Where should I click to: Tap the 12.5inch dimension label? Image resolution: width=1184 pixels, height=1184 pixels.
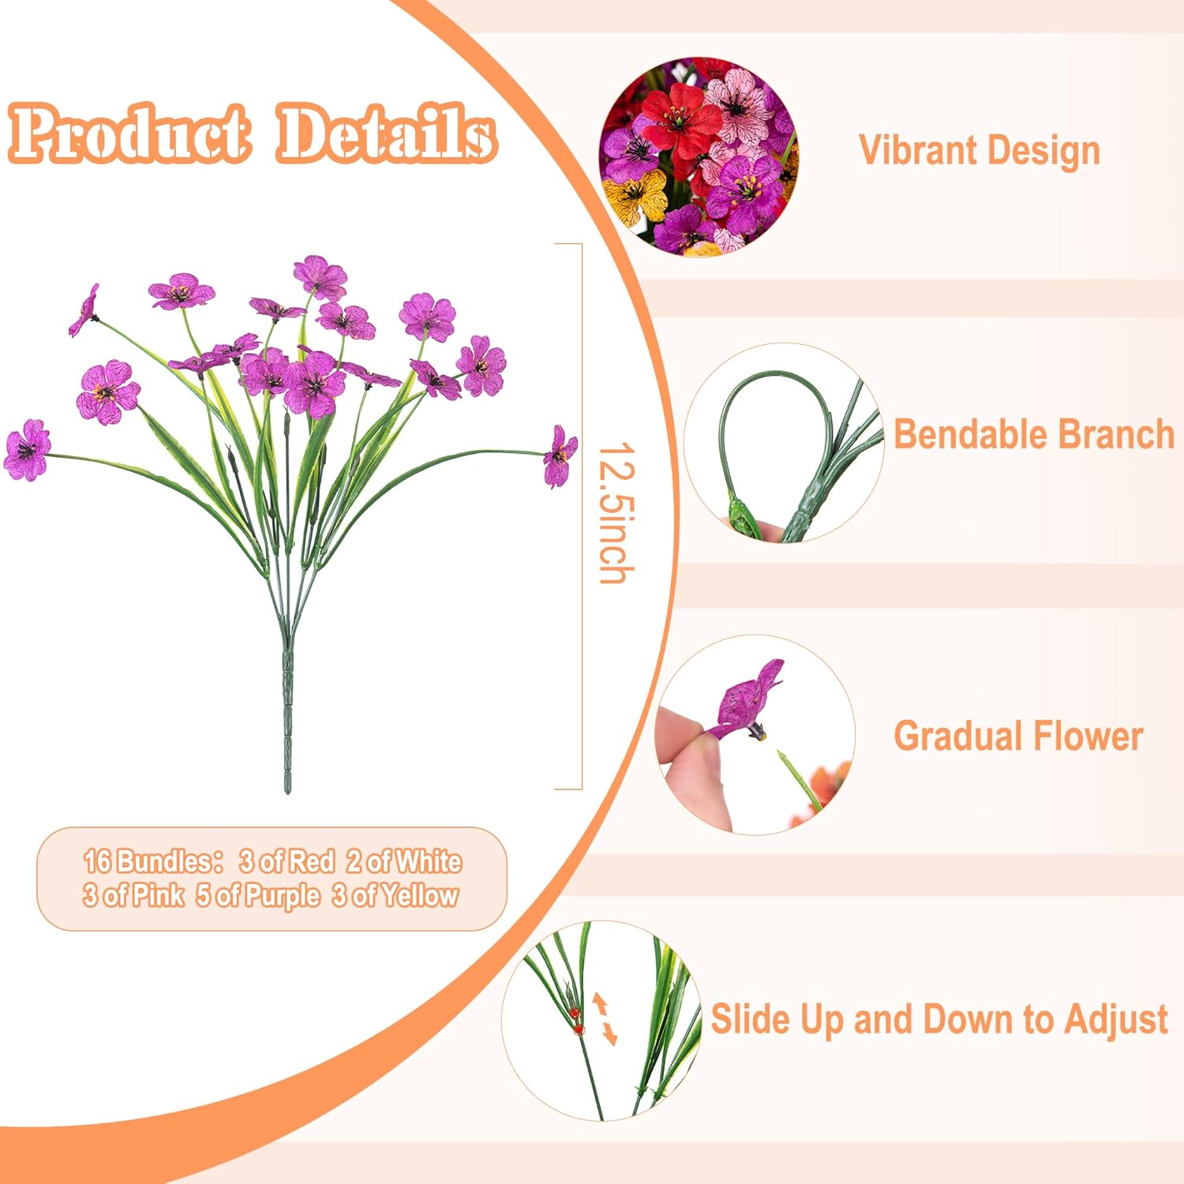(616, 513)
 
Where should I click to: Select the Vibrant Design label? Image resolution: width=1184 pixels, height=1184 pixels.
(979, 150)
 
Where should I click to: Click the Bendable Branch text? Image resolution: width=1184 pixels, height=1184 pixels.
(1034, 434)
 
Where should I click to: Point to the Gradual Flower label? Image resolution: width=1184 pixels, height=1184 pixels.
(1018, 736)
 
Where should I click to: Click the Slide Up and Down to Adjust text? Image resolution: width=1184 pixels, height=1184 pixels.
(939, 1018)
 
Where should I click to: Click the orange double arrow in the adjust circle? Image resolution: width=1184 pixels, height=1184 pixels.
(605, 1019)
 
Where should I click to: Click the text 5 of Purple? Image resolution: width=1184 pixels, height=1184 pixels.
(258, 896)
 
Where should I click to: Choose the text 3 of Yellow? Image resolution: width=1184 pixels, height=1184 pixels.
(395, 896)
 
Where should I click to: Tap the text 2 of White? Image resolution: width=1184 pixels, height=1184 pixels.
(404, 861)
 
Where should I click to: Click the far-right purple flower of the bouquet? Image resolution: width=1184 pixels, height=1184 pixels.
(560, 455)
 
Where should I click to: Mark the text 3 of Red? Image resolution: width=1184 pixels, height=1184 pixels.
(287, 861)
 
